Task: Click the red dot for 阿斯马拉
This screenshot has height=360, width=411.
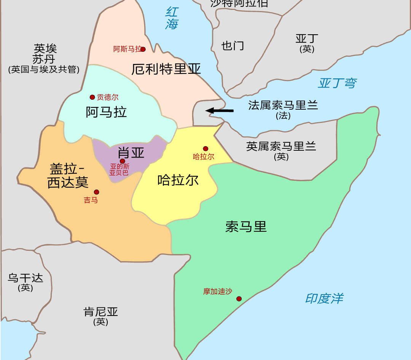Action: tap(143, 49)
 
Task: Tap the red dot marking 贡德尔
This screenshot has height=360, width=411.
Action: tap(92, 97)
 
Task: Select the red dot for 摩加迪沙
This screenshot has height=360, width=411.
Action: tap(239, 299)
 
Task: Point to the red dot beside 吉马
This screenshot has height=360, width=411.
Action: tap(97, 192)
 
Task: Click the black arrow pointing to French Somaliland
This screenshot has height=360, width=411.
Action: tap(220, 111)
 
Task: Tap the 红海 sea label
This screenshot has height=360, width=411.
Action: tap(172, 18)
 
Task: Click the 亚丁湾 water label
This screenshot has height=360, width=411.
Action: tap(337, 83)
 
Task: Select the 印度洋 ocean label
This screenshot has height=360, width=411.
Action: tap(324, 298)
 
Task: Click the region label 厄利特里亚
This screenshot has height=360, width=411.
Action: tap(166, 69)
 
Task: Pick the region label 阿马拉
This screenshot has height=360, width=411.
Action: tap(106, 112)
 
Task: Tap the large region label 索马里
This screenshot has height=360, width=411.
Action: tap(246, 227)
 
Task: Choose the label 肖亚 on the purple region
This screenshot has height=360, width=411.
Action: tap(131, 152)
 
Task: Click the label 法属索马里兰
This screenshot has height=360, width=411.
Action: tap(283, 105)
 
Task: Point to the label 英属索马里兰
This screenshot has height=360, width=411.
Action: tap(281, 146)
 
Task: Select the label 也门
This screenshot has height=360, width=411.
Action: tap(233, 46)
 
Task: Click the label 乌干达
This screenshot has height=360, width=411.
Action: tap(25, 278)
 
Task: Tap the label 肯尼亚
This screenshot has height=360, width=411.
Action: tap(101, 312)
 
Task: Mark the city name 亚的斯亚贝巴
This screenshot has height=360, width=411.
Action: tap(119, 170)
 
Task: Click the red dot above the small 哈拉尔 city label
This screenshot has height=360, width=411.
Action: tap(205, 149)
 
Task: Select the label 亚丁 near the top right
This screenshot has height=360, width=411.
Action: tap(307, 39)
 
